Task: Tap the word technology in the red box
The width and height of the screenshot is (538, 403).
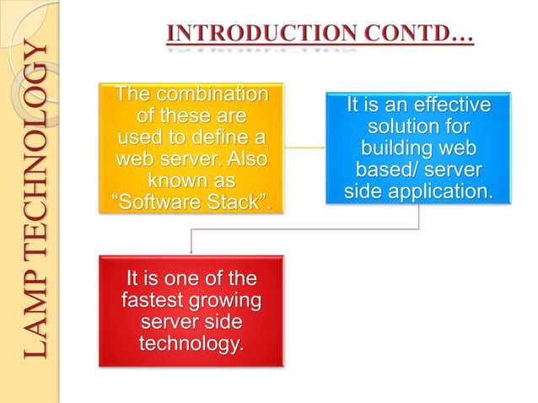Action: [190, 343]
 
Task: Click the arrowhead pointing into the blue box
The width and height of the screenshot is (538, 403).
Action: [323, 148]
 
